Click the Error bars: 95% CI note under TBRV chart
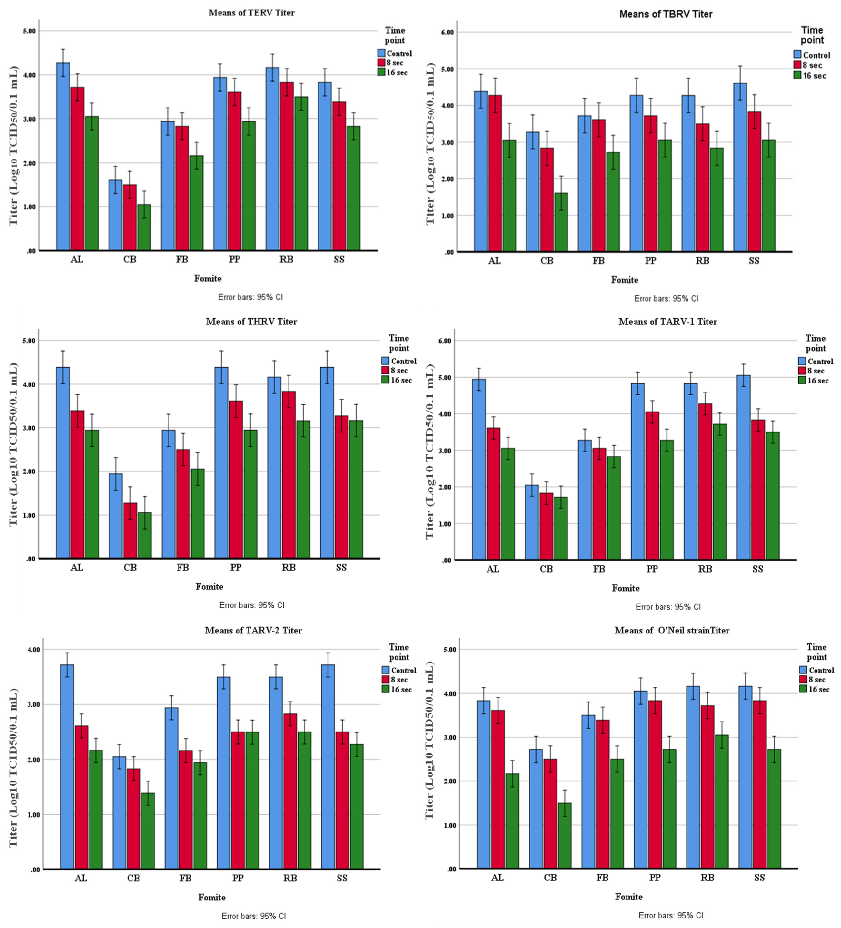[666, 298]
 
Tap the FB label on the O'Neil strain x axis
[602, 877]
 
